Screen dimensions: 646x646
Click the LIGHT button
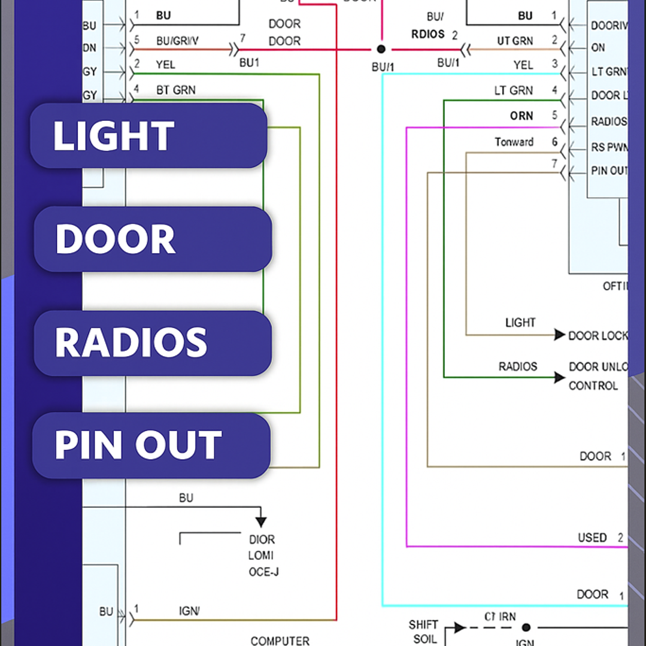148,135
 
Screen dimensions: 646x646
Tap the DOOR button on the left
153,239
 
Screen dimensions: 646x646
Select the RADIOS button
153,343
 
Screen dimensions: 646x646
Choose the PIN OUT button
151,445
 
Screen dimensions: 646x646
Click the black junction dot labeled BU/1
381,49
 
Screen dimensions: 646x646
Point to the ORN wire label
521,116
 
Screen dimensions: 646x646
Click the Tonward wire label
514,142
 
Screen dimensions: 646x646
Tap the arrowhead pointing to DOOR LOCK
559,335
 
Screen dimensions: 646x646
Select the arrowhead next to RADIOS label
559,377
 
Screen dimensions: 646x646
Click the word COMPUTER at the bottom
280,641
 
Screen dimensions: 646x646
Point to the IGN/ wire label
189,611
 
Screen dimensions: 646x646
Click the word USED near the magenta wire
592,538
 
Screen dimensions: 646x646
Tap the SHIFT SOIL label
424,632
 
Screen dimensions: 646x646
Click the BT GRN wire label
176,90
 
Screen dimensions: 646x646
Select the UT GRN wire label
514,41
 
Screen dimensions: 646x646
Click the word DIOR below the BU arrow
262,539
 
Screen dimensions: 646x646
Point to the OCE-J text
263,572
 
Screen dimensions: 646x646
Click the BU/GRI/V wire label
177,41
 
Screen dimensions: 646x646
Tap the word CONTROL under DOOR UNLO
593,386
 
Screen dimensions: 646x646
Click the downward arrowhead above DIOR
260,521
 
